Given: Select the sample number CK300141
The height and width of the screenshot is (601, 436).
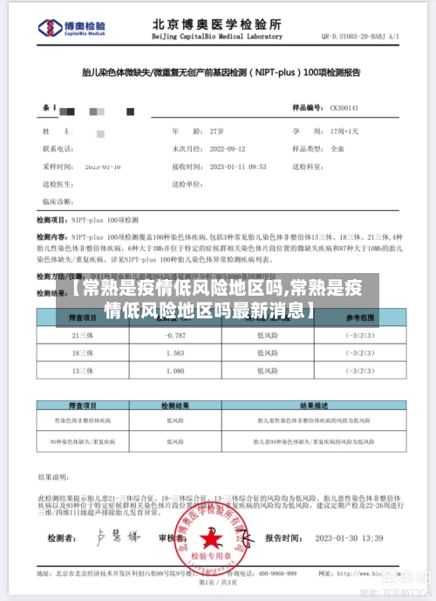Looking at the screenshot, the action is pyautogui.click(x=344, y=107).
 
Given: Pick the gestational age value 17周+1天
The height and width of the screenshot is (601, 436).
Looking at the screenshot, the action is pyautogui.click(x=344, y=130).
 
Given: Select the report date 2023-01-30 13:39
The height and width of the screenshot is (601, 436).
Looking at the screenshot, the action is pyautogui.click(x=349, y=538).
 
